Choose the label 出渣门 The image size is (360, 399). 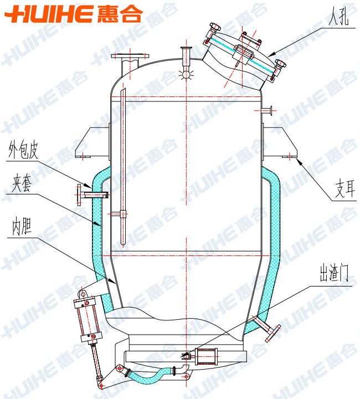[x=334, y=274]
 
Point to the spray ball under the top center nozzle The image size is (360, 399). [x=186, y=74]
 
